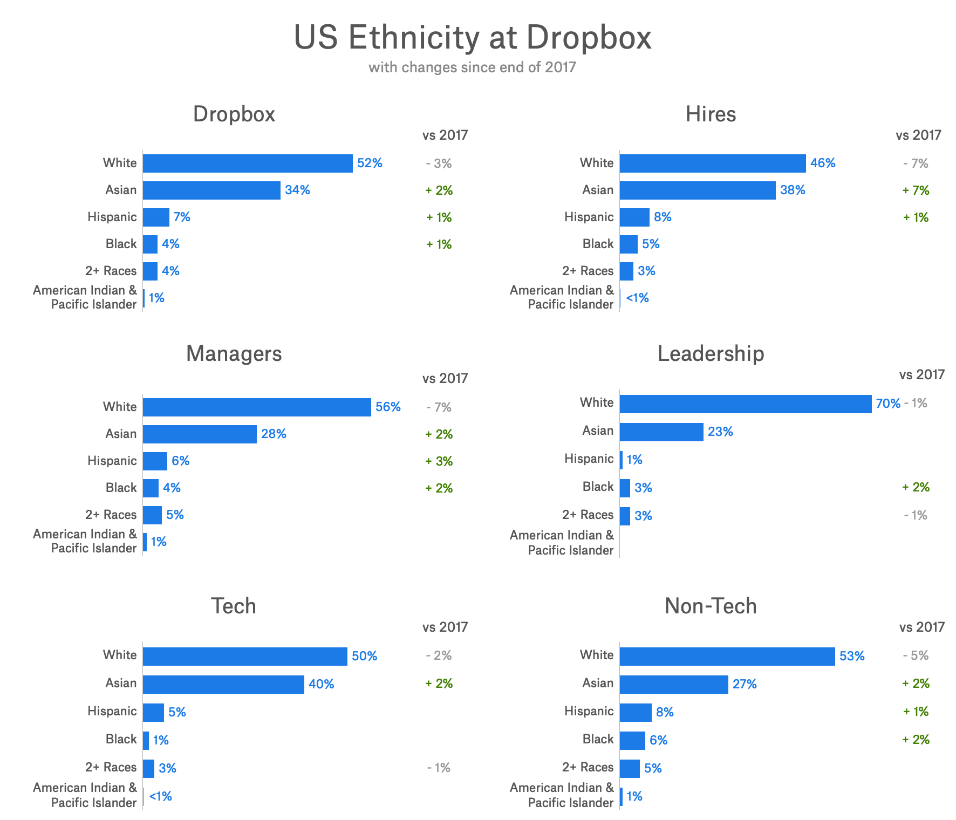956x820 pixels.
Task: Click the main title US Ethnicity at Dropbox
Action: click(x=473, y=38)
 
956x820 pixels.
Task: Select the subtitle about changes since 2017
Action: click(x=473, y=67)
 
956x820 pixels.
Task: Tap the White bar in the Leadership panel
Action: click(x=745, y=404)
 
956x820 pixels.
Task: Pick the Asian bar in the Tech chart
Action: click(x=223, y=685)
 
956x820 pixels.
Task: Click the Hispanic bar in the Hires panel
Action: click(x=634, y=217)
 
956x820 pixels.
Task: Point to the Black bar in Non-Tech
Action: click(x=632, y=741)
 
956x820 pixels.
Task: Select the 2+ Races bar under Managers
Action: click(x=152, y=515)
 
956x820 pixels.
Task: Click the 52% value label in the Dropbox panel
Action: click(x=370, y=163)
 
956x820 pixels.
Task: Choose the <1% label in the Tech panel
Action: click(x=160, y=796)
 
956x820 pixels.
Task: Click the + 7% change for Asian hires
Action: click(x=916, y=190)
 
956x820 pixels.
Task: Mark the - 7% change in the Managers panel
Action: click(x=439, y=407)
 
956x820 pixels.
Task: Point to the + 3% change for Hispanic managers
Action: click(x=439, y=461)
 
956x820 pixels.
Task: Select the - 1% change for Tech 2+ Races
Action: click(x=438, y=768)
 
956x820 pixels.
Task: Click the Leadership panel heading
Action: click(x=711, y=354)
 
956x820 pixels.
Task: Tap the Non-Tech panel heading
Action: click(x=711, y=606)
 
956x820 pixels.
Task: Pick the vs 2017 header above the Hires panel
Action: click(x=918, y=135)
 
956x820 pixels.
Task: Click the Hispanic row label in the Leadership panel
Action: click(x=589, y=459)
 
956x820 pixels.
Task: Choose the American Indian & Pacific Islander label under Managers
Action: click(x=85, y=541)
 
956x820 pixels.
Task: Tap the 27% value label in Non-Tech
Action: click(x=745, y=685)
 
